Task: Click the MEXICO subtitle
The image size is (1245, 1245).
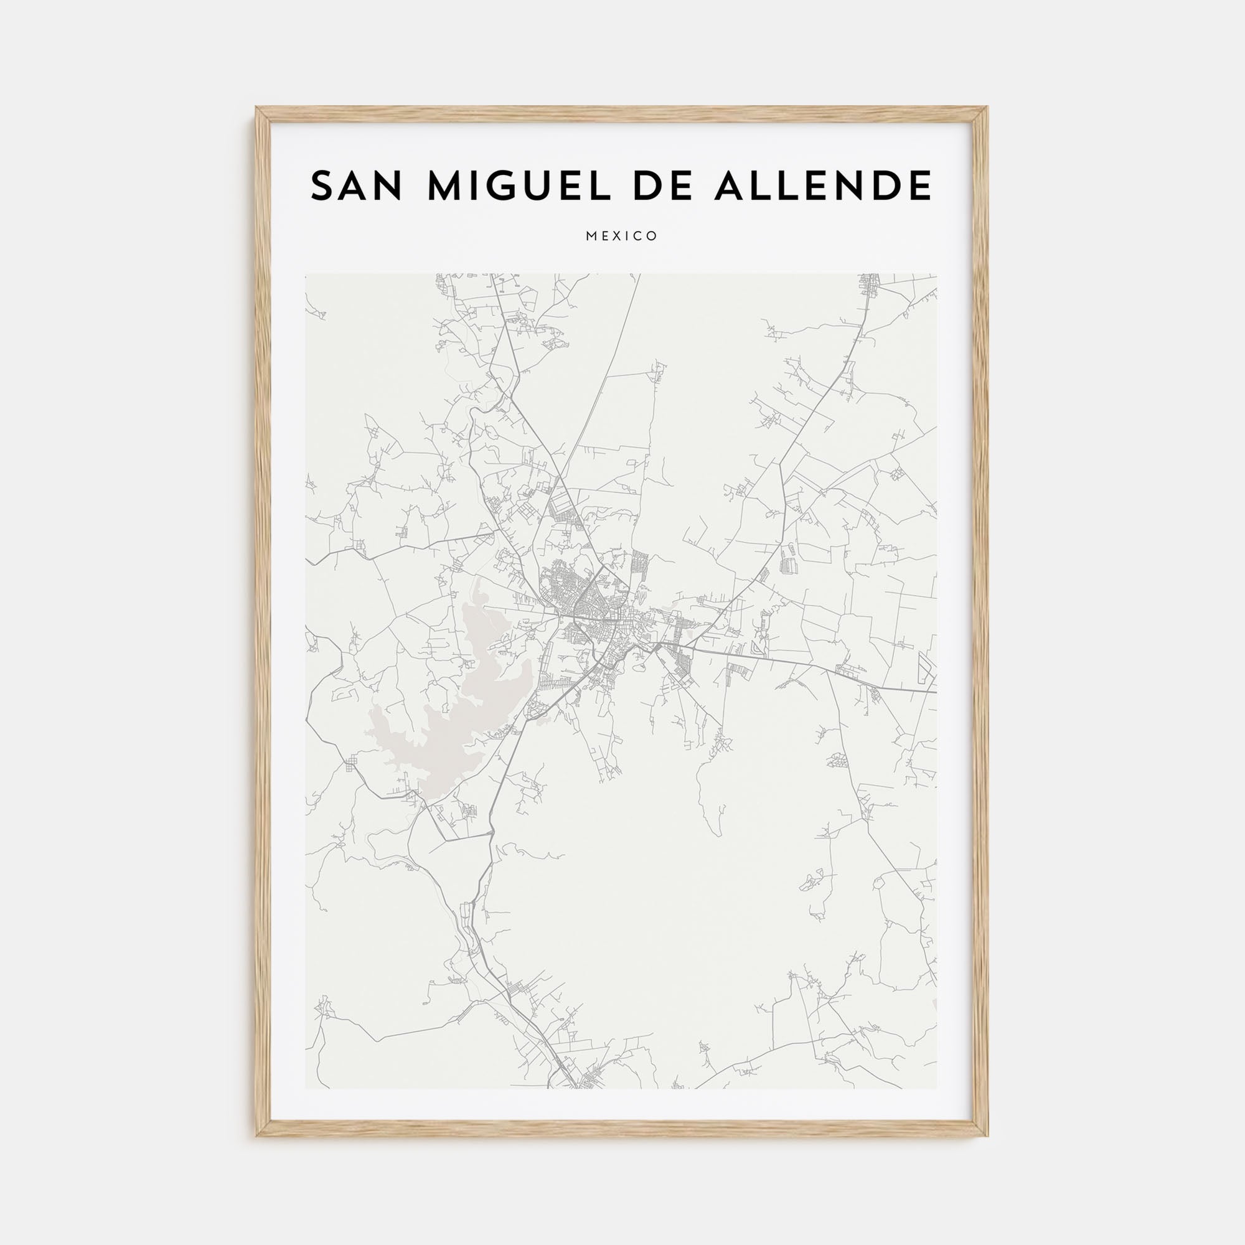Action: point(622,237)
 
